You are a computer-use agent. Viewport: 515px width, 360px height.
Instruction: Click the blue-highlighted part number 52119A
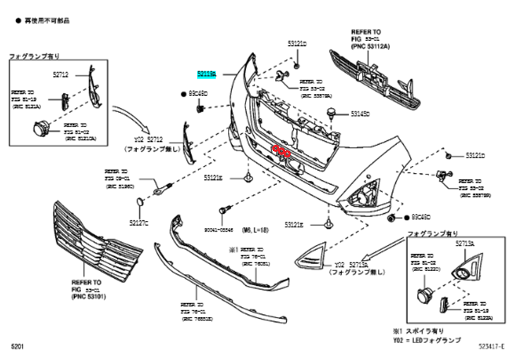click(209, 73)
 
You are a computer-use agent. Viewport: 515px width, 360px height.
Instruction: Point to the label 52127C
click(139, 222)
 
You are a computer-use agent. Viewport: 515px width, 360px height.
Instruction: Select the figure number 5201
click(18, 346)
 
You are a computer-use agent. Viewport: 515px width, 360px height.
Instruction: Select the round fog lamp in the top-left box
click(40, 128)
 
